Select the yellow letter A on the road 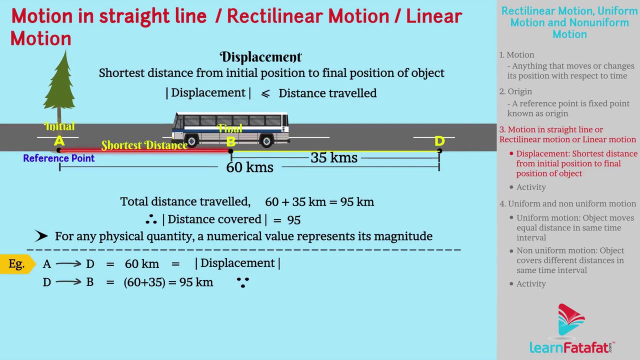[x=59, y=141]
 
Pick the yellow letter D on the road [x=439, y=141]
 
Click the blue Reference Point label [x=59, y=158]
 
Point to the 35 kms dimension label [x=334, y=157]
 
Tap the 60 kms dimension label [x=249, y=167]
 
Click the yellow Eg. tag [x=17, y=264]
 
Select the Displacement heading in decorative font [x=260, y=57]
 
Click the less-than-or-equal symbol [x=265, y=93]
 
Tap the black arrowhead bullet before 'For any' [x=41, y=236]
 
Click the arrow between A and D [x=68, y=263]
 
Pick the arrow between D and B [x=68, y=282]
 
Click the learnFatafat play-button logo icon [x=571, y=319]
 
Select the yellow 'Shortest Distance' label [x=144, y=145]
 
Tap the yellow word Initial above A [x=59, y=126]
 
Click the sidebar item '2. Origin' [x=515, y=91]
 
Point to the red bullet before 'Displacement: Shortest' [x=511, y=153]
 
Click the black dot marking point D [x=439, y=150]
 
